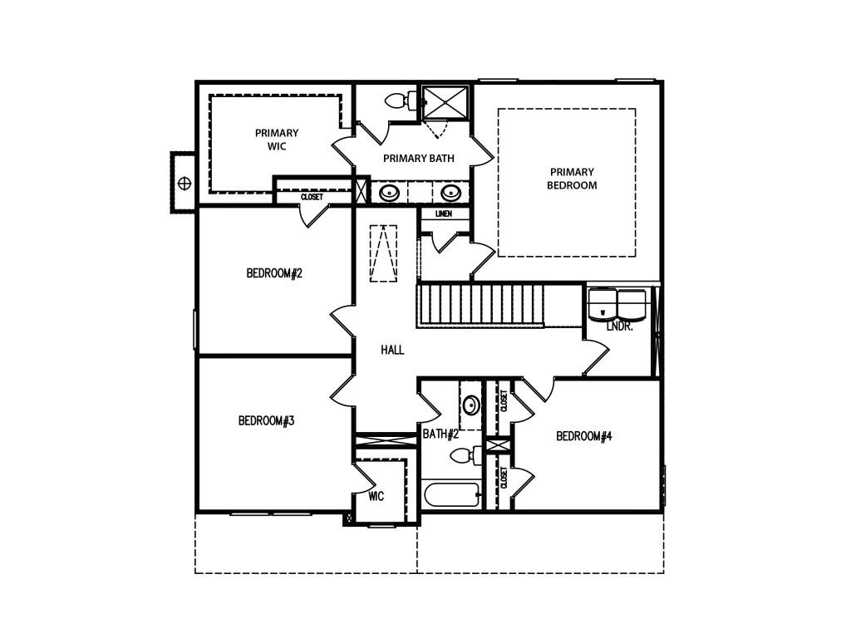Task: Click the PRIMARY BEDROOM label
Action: tap(572, 179)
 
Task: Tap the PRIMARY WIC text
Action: tap(277, 140)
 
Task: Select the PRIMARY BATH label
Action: tap(419, 159)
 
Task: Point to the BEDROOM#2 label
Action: tap(274, 272)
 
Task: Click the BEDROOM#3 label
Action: tap(266, 420)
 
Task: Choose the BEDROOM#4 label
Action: tap(584, 435)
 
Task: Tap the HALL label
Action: tap(392, 350)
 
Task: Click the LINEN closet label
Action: tap(444, 213)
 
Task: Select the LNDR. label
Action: tap(619, 327)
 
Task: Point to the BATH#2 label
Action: tap(440, 434)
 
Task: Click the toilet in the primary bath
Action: tap(401, 101)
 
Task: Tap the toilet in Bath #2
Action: tap(466, 455)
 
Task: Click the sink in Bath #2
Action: tap(470, 405)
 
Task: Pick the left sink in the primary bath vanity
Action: tap(389, 193)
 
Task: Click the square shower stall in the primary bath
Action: tap(445, 102)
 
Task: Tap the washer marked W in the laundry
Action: tap(603, 304)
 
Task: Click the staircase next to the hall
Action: tap(480, 306)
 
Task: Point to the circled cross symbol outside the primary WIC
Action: tap(184, 183)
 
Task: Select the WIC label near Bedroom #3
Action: tap(376, 496)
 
